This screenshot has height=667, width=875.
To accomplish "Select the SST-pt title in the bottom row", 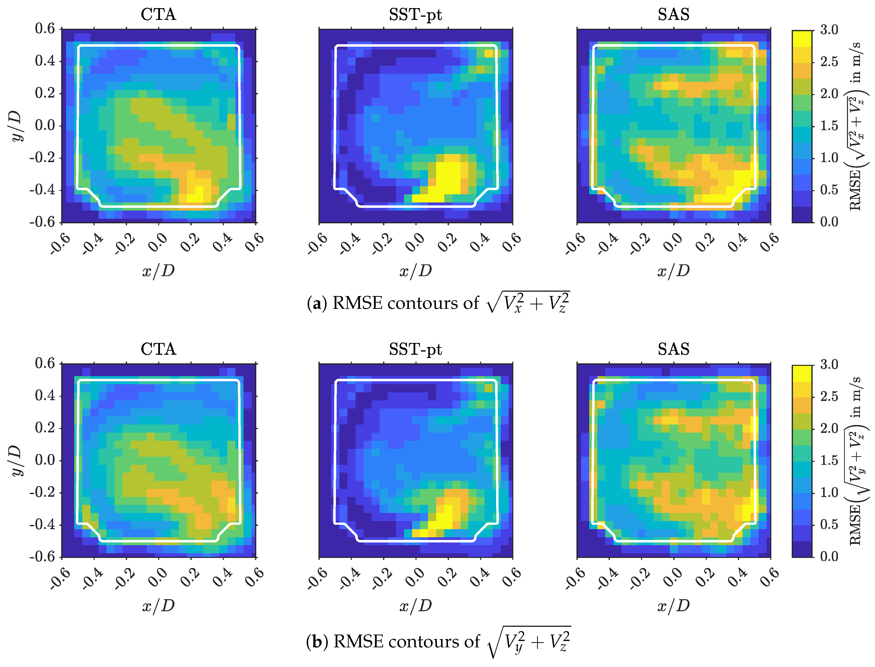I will tap(415, 349).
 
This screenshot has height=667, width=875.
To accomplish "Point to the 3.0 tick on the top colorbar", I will tap(829, 30).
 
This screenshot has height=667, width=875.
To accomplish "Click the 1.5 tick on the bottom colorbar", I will tap(829, 461).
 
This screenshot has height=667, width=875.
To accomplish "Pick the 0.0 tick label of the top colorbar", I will tap(829, 222).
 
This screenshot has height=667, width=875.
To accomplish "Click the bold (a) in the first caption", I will tap(317, 304).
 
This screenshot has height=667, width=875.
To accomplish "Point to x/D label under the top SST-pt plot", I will tap(415, 271).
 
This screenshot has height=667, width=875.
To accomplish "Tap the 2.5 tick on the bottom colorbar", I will tap(829, 396).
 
